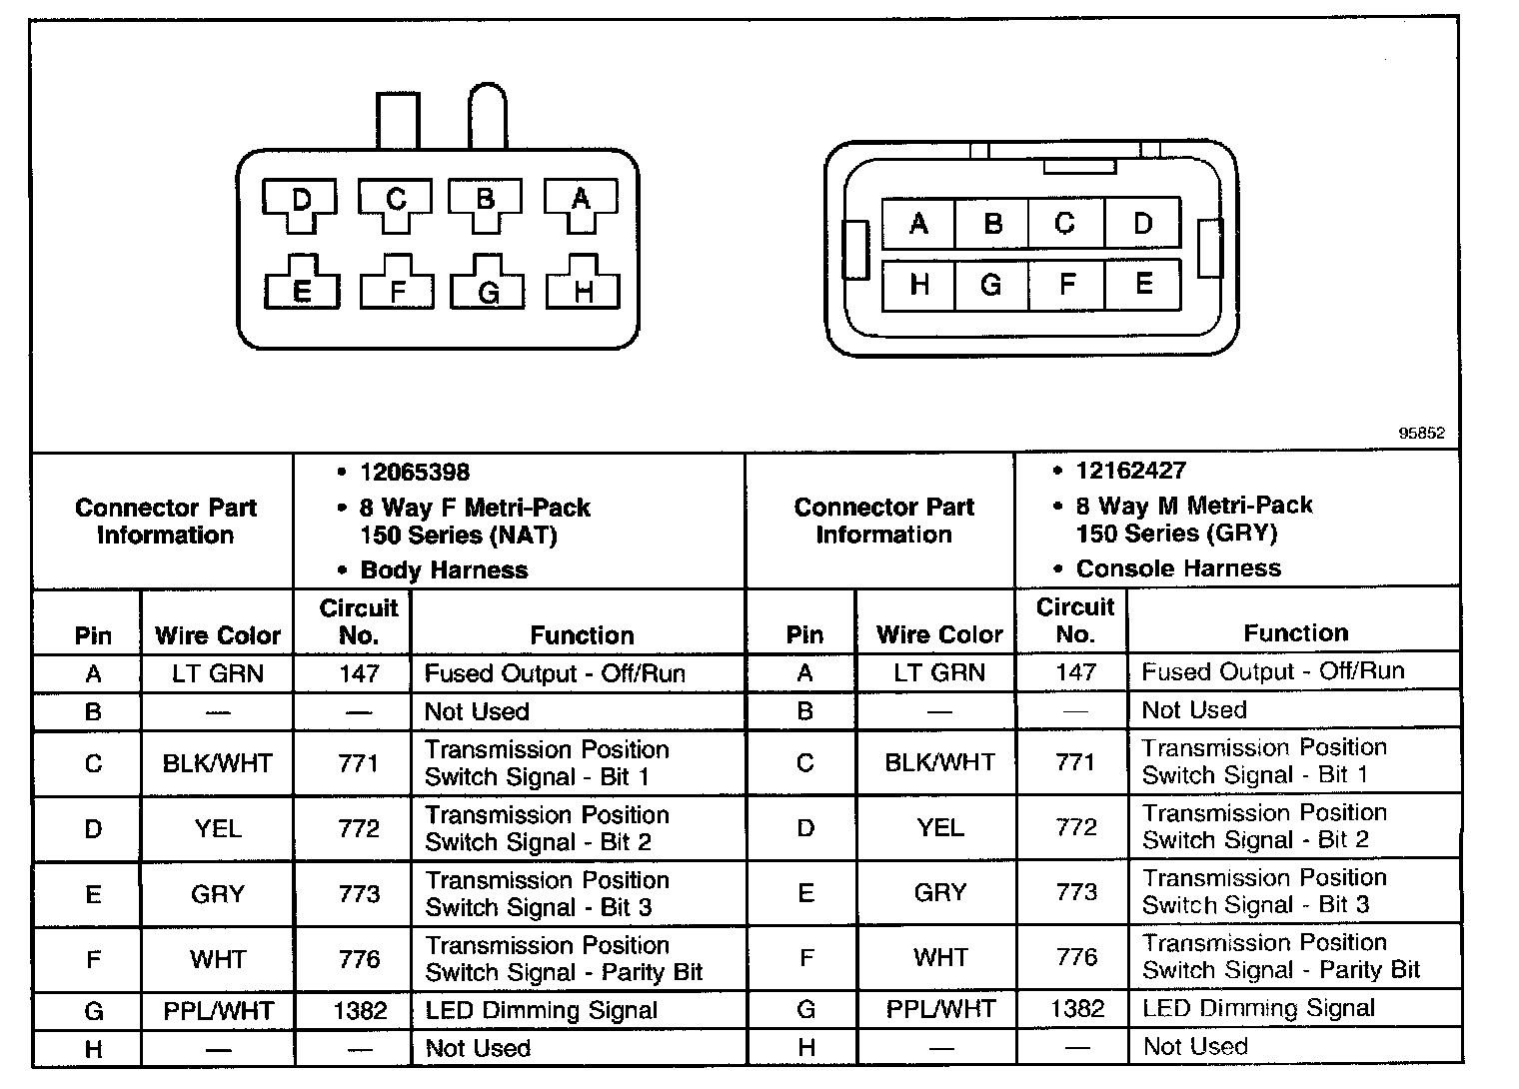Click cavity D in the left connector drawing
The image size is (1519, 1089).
[x=300, y=201]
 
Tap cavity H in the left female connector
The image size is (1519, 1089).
[x=584, y=290]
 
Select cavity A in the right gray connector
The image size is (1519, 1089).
[x=918, y=224]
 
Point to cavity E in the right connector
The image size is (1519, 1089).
[x=1143, y=284]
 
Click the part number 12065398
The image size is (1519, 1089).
[x=415, y=472]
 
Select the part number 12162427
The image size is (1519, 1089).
[x=1130, y=470]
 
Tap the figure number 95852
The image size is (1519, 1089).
[x=1421, y=434]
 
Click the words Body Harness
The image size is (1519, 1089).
[x=444, y=569]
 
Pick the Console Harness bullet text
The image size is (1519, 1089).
[x=1177, y=568]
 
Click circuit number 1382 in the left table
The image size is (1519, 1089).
[x=360, y=1010]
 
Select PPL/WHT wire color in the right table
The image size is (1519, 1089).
[x=940, y=1009]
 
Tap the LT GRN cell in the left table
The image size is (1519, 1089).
[x=218, y=673]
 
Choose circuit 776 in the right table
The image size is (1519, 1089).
[x=1076, y=957]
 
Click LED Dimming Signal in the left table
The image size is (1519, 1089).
[x=542, y=1010]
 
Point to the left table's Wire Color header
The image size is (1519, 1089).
[x=218, y=635]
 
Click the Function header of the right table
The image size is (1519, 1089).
[x=1295, y=632]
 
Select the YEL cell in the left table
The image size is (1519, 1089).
[x=218, y=828]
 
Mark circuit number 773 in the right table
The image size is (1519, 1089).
[x=1076, y=891]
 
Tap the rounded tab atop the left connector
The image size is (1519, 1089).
[x=488, y=115]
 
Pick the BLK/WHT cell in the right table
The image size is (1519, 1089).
[x=940, y=762]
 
